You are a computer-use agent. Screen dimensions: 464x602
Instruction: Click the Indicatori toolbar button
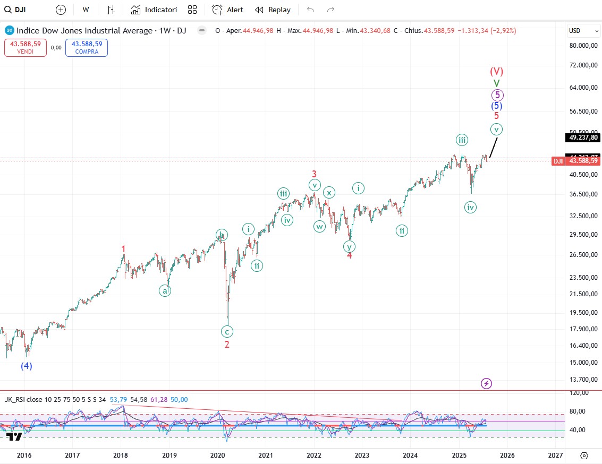(154, 10)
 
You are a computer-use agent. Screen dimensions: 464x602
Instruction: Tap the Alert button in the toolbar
(227, 10)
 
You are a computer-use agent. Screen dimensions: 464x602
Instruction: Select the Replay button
(273, 10)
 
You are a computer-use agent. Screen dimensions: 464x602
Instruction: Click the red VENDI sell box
(26, 48)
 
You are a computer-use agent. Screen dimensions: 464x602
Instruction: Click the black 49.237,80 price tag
(583, 138)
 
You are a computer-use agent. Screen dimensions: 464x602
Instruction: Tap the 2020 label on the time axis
(218, 455)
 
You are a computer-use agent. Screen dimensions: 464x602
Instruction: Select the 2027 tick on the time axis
(555, 455)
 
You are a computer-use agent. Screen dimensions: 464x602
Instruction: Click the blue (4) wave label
(27, 366)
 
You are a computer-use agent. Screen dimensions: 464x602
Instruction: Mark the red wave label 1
(123, 249)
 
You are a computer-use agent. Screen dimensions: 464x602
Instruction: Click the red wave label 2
(227, 344)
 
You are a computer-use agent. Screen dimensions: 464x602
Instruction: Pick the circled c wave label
(227, 331)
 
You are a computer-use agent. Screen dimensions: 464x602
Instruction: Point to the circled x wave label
(329, 193)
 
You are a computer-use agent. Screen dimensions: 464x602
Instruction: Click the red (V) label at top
(496, 71)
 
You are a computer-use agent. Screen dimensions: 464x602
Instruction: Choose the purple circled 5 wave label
(497, 95)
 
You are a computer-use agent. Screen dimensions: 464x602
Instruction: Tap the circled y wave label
(349, 246)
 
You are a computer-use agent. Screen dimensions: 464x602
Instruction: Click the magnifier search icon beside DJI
(7, 10)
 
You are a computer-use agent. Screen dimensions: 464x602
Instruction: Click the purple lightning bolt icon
(486, 383)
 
